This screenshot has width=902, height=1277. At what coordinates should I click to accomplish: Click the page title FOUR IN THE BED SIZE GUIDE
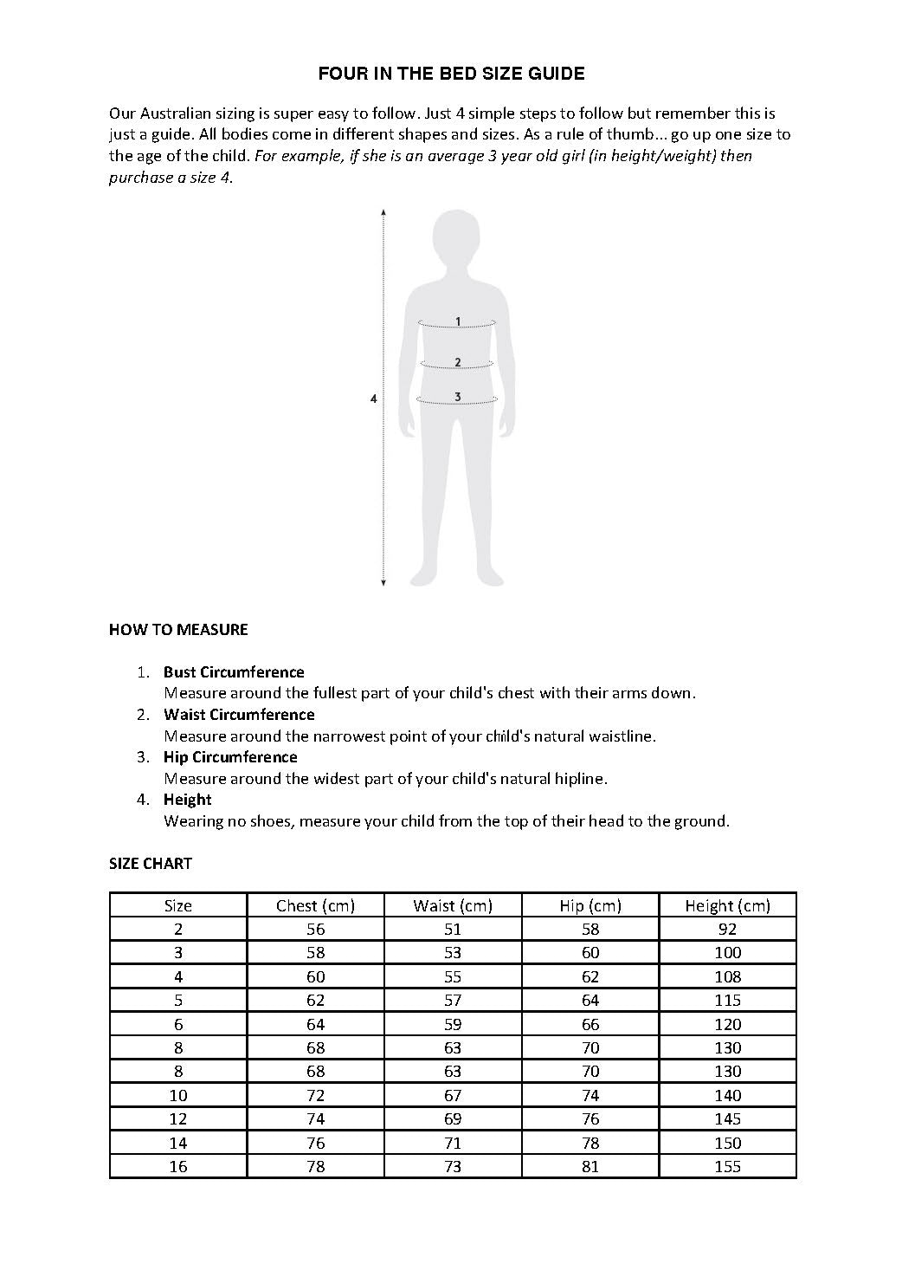(451, 74)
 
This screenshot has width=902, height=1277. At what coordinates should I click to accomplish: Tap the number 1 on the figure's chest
(458, 321)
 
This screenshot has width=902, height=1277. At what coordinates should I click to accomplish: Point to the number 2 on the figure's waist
(457, 362)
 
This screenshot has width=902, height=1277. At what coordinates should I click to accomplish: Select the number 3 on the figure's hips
(458, 397)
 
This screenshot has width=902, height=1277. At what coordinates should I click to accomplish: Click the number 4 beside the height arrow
(374, 399)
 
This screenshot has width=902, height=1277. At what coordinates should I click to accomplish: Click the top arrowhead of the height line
(383, 211)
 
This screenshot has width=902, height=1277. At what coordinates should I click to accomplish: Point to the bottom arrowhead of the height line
(383, 583)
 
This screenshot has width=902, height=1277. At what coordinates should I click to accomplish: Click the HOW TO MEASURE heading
(178, 630)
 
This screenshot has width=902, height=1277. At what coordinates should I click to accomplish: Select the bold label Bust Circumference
(234, 672)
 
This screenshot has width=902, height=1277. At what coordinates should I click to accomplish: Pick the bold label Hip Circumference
(230, 757)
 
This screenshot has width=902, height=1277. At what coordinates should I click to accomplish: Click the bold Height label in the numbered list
(187, 800)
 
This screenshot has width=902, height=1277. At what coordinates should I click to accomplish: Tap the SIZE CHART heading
(151, 864)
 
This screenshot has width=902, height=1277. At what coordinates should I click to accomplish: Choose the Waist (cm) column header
(453, 905)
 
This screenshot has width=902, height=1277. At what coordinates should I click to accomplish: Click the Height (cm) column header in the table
(727, 905)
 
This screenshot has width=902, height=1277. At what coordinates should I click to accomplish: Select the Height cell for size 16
(727, 1166)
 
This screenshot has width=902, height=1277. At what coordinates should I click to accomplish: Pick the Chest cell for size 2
(316, 929)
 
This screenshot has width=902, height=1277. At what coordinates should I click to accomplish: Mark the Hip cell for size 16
(590, 1166)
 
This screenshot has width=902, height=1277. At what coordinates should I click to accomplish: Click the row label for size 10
(178, 1095)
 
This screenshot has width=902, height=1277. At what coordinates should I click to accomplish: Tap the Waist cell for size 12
(453, 1118)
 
